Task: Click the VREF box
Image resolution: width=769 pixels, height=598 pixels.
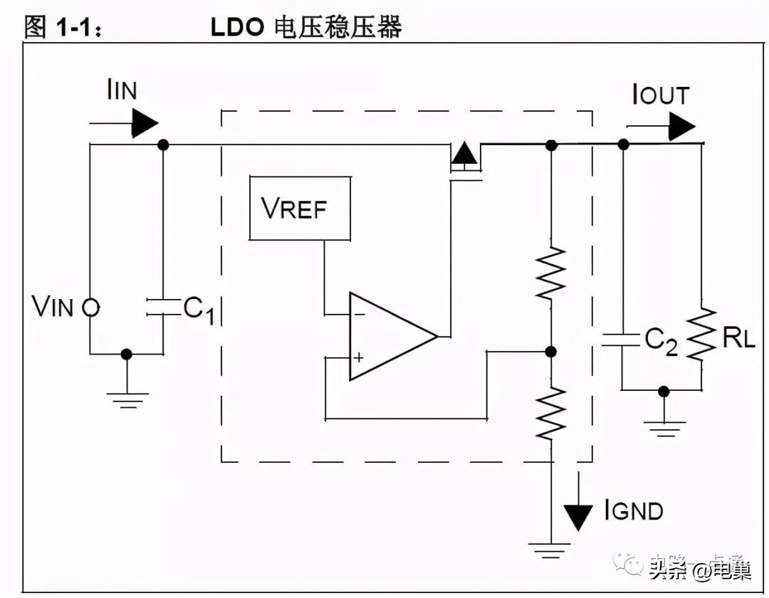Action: point(300,209)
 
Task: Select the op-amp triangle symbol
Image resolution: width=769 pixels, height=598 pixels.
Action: point(388,336)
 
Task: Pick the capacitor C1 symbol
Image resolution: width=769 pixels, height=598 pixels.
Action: point(162,307)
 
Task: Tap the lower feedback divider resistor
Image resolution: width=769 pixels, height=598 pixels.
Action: point(551,413)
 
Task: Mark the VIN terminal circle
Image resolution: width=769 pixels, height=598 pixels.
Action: point(90,308)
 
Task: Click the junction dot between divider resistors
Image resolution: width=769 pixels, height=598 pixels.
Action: point(550,352)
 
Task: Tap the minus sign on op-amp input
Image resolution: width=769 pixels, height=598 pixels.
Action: point(358,313)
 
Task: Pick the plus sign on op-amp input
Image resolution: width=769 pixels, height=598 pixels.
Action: point(358,357)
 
